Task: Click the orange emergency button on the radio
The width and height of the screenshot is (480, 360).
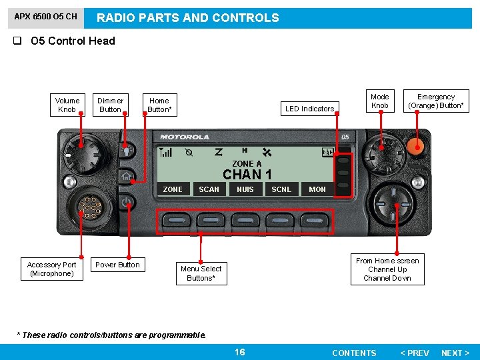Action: pos(417,146)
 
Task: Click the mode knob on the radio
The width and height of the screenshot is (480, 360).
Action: pos(381,154)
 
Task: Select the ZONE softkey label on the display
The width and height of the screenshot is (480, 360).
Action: pos(173,189)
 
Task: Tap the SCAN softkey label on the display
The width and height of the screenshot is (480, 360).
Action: pos(209,189)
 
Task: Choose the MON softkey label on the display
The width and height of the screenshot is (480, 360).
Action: pos(317,189)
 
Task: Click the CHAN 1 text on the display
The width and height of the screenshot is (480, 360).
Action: pos(247,175)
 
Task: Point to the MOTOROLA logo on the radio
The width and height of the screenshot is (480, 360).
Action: pos(185,137)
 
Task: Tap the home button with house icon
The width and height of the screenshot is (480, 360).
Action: pos(127,177)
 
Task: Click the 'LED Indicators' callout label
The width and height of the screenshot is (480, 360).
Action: pos(309,109)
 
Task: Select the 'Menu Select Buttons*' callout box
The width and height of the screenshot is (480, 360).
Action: pos(201,273)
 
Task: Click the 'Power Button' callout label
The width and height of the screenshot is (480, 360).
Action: pos(117,265)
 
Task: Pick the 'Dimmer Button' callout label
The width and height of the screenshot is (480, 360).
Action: pos(110,105)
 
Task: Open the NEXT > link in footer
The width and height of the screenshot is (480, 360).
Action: pos(455,353)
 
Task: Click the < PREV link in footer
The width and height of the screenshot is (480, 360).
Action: pos(414,353)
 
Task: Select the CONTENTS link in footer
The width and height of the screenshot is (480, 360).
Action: pos(354,353)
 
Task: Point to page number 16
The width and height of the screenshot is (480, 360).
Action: pos(240,352)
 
